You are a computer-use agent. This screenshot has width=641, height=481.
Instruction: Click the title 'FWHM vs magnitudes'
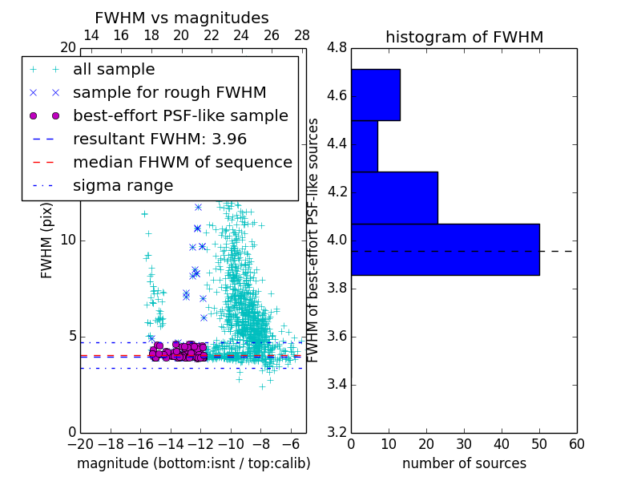tap(181, 18)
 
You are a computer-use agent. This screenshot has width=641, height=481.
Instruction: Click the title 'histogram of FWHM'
tap(464, 37)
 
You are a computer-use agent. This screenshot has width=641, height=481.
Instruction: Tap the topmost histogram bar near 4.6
tap(375, 95)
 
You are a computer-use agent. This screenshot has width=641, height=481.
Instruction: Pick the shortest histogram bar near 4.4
tap(364, 146)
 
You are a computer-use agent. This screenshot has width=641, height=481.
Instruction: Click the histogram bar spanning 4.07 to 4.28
tap(394, 197)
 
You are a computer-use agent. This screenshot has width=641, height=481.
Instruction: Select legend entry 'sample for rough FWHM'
tap(169, 93)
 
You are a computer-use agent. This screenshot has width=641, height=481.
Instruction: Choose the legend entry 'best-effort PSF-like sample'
tap(180, 116)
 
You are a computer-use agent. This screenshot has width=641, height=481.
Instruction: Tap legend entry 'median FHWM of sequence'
tap(182, 163)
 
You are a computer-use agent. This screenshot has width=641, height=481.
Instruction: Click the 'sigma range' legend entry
tap(123, 186)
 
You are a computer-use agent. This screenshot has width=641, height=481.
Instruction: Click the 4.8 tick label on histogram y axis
tap(337, 48)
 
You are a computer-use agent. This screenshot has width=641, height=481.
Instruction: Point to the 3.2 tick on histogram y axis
tap(337, 432)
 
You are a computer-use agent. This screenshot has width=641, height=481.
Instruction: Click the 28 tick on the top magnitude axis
tap(302, 35)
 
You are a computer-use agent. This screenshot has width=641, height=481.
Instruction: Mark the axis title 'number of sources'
tap(464, 463)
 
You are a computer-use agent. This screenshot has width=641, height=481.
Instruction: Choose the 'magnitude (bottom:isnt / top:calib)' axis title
tap(193, 463)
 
